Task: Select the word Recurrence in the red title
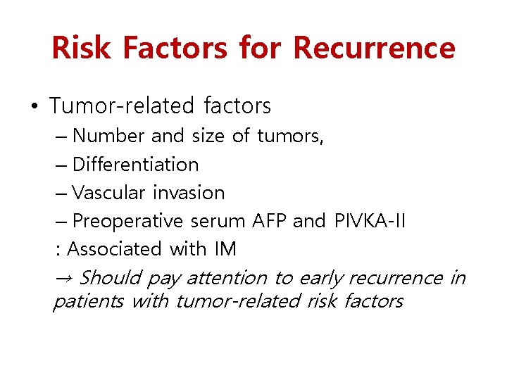(374, 48)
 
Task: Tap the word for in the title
(261, 48)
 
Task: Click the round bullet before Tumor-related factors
(35, 107)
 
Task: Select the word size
(208, 135)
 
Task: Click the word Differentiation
(135, 164)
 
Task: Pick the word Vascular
(109, 193)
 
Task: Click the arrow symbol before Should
(62, 277)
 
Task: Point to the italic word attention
(227, 278)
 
